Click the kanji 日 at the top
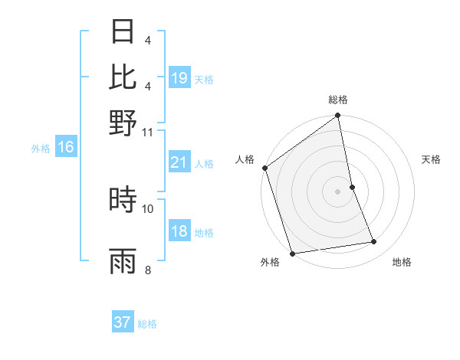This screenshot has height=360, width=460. click(123, 32)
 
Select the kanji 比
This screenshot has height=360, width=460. click(123, 76)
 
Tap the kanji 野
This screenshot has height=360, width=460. click(123, 123)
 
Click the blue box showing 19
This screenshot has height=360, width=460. click(179, 78)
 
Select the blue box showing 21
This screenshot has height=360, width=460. click(179, 162)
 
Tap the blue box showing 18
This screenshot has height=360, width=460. click(179, 232)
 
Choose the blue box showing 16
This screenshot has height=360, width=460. click(66, 148)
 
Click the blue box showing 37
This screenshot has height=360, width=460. click(123, 322)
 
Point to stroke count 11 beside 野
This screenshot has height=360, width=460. click(148, 131)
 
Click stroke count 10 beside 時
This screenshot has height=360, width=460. click(148, 208)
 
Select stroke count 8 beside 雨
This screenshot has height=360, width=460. click(148, 270)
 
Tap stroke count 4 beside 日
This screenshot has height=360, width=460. click(148, 41)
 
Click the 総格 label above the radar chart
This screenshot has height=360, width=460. click(338, 100)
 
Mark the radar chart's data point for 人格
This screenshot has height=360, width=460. click(265, 168)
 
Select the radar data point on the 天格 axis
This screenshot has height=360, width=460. click(353, 186)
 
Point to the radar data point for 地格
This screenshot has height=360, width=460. click(374, 242)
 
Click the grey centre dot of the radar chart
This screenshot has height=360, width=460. click(338, 191)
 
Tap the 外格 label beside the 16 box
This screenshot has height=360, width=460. click(40, 149)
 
